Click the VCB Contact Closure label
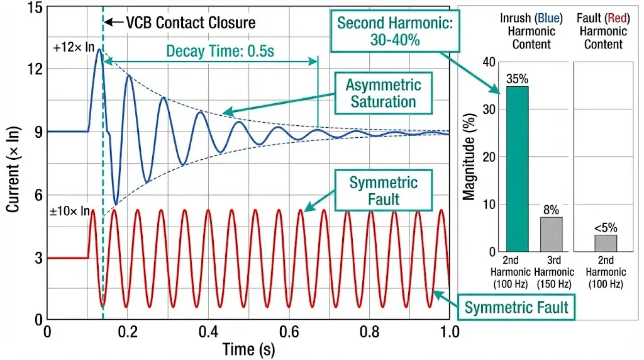coord(191,23)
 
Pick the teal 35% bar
coord(517,169)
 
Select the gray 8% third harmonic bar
coord(551,234)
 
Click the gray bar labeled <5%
coord(606,243)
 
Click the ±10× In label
coord(69,211)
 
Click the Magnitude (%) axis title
coord(469,157)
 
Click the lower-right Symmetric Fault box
coord(516,307)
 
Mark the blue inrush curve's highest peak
coord(99,50)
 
